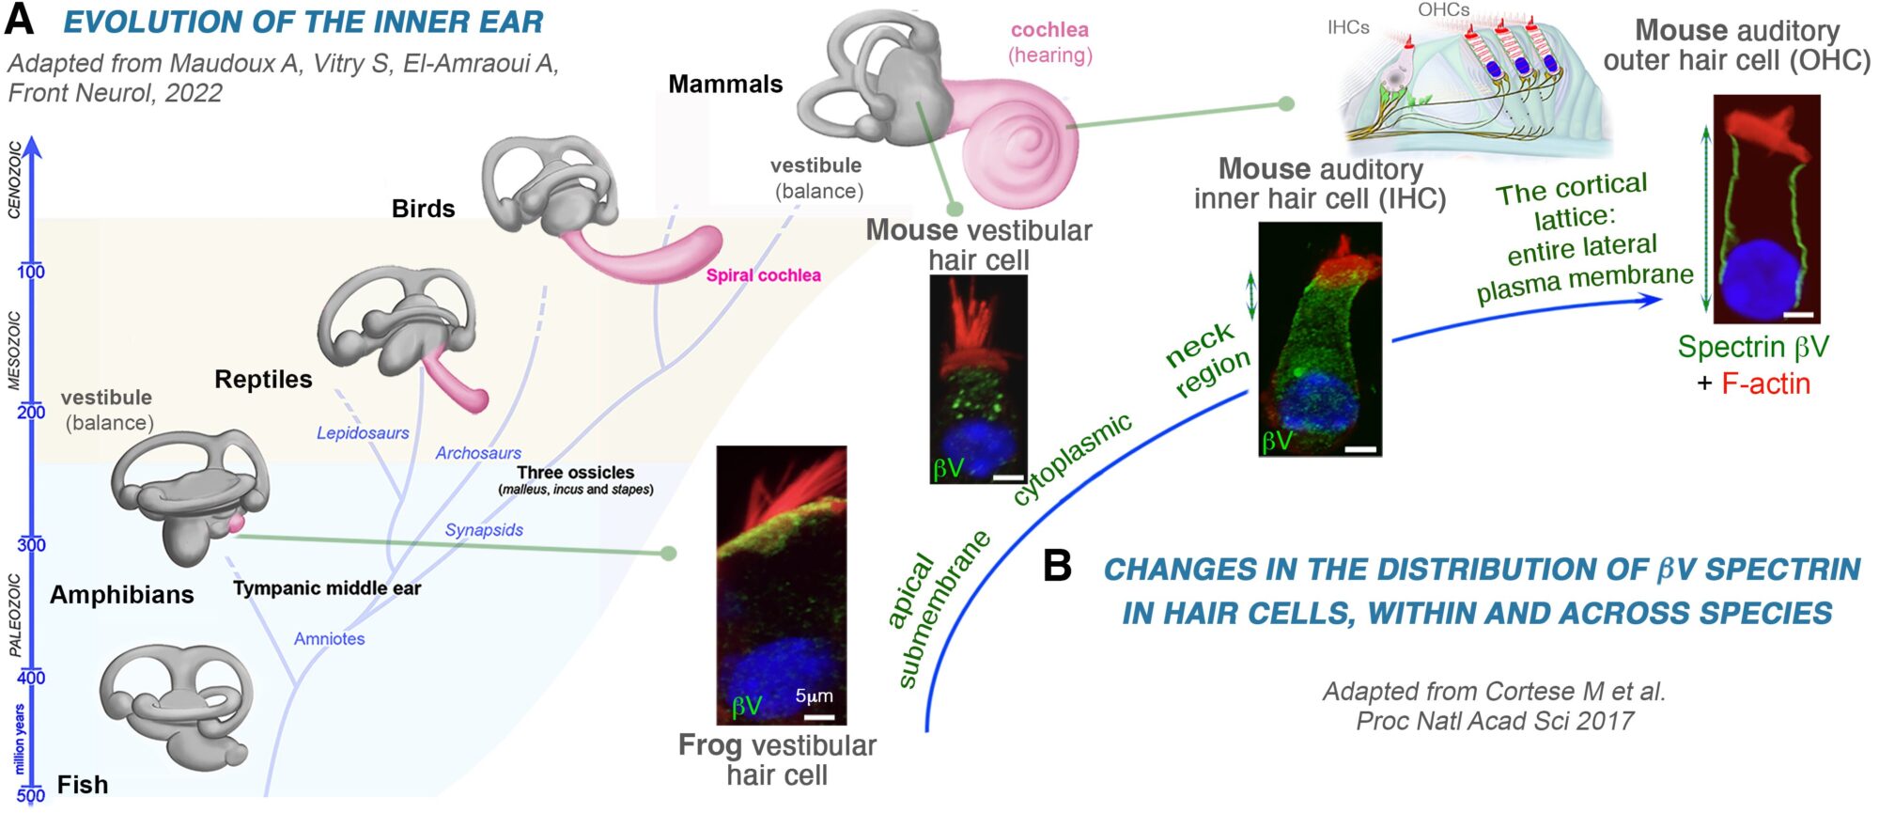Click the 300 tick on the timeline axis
point(31,544)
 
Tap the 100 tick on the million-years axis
point(31,271)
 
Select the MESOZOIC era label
point(15,350)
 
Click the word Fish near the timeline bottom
point(83,784)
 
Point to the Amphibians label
point(122,594)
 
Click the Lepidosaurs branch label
point(363,432)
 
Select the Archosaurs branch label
point(478,452)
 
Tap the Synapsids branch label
point(484,529)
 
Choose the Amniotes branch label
point(329,638)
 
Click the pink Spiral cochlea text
point(763,275)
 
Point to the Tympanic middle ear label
point(327,588)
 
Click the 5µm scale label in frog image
point(814,696)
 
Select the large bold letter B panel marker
point(1058,566)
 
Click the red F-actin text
point(1765,383)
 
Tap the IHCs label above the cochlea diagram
point(1348,27)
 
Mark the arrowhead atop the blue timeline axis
point(33,146)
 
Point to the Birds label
point(423,209)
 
